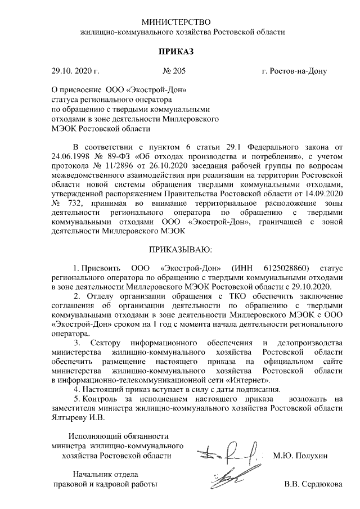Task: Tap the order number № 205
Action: tap(174, 71)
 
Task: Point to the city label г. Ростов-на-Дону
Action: tap(294, 71)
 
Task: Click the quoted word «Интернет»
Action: tap(242, 380)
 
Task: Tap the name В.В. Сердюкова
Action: tap(313, 484)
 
